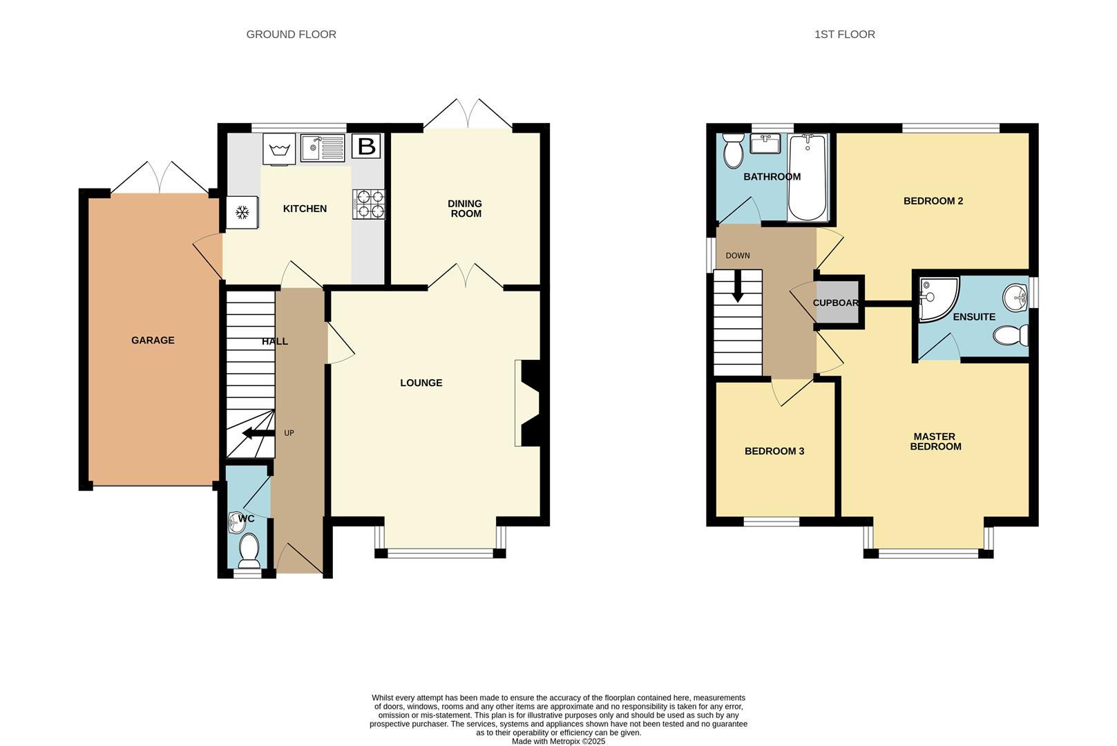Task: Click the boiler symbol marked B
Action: coord(367,146)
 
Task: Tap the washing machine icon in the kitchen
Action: coord(279,149)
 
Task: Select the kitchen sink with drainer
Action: coord(322,148)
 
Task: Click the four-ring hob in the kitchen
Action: coord(369,204)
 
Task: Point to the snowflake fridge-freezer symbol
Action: coord(242,213)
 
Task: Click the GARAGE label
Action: coord(153,340)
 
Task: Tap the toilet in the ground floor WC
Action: coord(249,551)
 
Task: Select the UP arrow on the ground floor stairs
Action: coord(258,433)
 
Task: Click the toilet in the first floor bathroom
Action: coord(732,150)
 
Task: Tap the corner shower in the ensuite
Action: coord(938,299)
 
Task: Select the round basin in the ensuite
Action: coord(1015,298)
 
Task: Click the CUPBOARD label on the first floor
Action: coord(836,303)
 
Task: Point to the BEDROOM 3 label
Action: coord(774,451)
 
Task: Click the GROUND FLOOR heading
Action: coord(292,35)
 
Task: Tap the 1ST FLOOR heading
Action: coord(845,35)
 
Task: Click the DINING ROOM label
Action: coord(466,209)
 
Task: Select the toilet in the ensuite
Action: coord(1011,335)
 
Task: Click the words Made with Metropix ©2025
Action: coord(558,742)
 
